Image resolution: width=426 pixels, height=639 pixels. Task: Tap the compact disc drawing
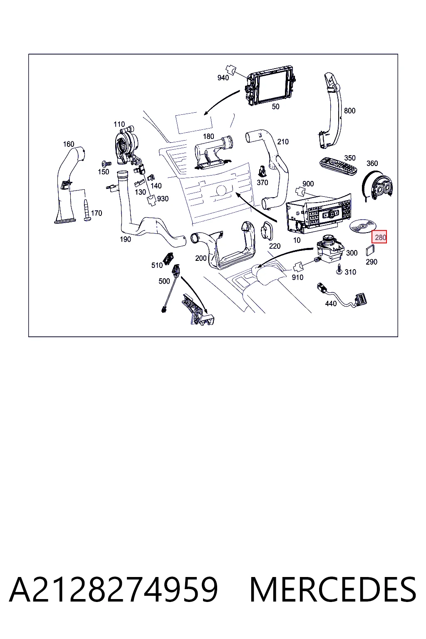coord(363,226)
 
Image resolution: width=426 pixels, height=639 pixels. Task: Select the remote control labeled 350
coord(339,166)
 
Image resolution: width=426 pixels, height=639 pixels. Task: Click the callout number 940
coord(223,78)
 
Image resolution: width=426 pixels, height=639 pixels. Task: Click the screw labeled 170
coord(87,211)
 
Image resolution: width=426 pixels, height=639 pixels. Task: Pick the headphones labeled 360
coord(377,186)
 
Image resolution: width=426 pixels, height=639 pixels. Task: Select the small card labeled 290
coord(370,250)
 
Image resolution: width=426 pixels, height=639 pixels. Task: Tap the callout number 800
coord(349,111)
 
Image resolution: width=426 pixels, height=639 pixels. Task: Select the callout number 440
coord(331,304)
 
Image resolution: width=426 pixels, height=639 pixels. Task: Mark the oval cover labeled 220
coord(267,230)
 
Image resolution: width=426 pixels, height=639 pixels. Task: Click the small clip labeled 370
coord(262,171)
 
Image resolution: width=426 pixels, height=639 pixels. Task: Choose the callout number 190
coord(125,239)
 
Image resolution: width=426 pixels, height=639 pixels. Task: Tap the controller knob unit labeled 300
coord(329,249)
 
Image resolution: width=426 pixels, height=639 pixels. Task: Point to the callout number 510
coord(157,265)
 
